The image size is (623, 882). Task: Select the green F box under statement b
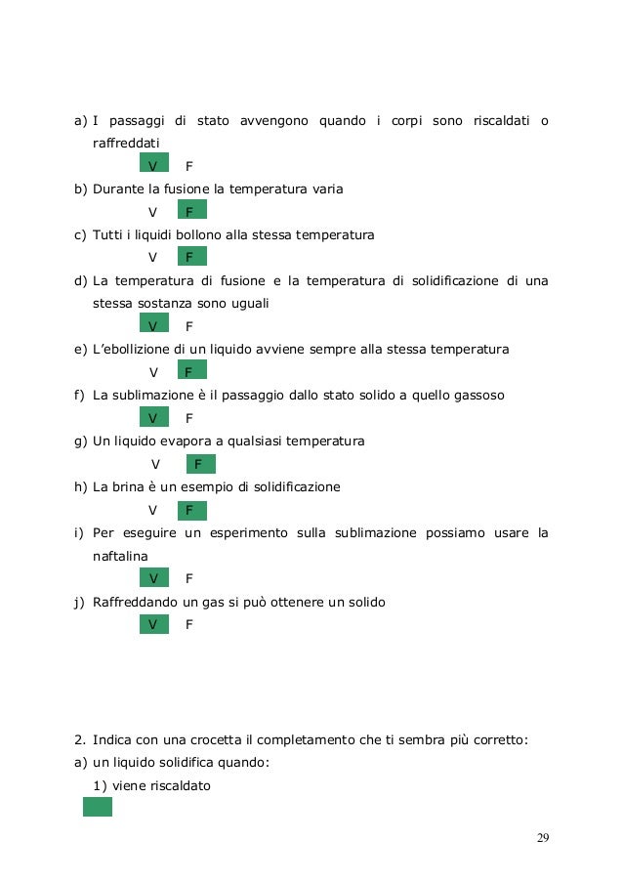[191, 211]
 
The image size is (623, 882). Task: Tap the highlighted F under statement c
[191, 257]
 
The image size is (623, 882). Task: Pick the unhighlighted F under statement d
[188, 326]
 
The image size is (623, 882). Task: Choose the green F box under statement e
[191, 371]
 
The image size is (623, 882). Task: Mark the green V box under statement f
[153, 418]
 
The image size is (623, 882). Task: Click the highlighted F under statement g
[199, 464]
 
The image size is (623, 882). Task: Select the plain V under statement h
[152, 510]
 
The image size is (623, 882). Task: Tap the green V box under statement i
[153, 578]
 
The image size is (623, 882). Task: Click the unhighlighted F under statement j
[188, 622]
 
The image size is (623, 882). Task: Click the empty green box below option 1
[98, 807]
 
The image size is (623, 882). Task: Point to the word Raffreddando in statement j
[134, 602]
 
